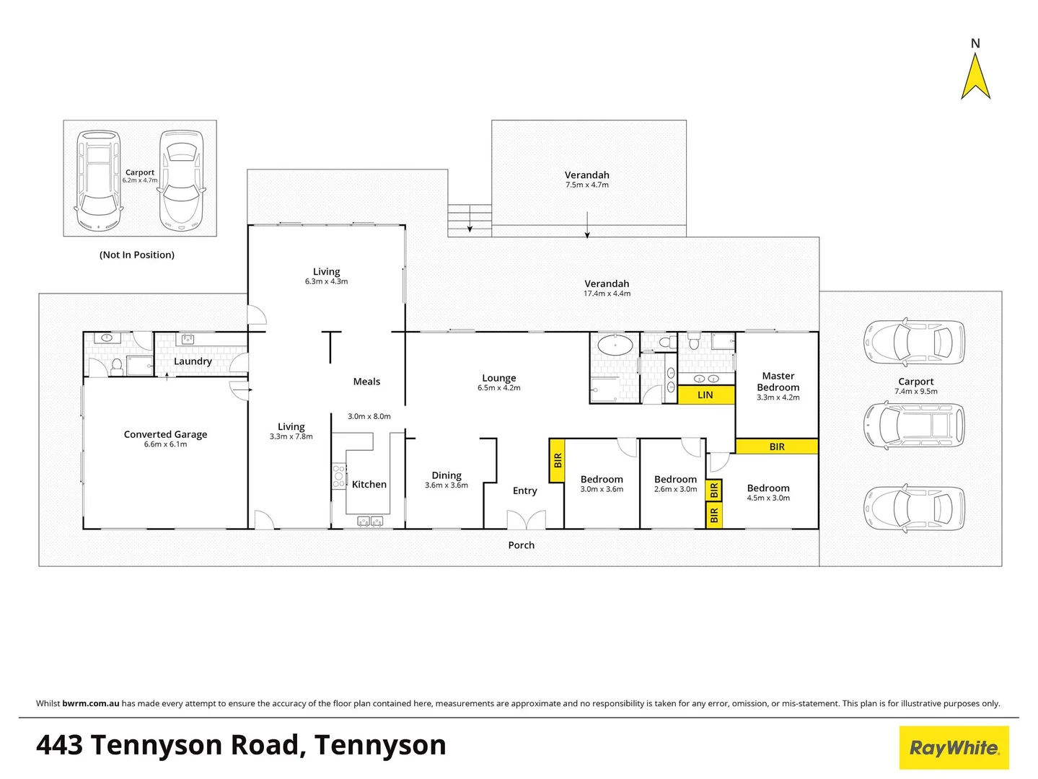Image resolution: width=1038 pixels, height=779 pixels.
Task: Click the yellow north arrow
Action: (975, 77)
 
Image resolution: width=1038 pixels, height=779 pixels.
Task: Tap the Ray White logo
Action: (954, 748)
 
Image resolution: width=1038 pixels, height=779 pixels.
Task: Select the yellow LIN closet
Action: (705, 395)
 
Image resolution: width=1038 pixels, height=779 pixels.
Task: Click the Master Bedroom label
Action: (778, 382)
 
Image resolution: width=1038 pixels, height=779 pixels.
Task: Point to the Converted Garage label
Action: (165, 434)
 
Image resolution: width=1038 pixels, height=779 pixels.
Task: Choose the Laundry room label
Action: (193, 361)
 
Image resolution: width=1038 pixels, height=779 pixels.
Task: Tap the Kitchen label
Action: (369, 485)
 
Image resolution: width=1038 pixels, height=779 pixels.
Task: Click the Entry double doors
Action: (526, 519)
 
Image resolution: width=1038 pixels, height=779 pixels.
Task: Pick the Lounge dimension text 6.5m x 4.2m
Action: (498, 388)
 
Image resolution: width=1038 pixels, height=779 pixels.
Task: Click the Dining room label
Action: (447, 475)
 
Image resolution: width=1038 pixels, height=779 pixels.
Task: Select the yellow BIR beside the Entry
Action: (557, 460)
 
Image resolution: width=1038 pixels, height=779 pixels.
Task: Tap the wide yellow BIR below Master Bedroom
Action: (777, 446)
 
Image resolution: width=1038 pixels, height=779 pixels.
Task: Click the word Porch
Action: (521, 545)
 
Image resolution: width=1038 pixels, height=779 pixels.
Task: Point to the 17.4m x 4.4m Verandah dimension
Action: (607, 294)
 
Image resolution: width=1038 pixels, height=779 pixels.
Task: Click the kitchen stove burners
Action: (338, 476)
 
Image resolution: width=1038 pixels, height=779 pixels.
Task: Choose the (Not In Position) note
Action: (137, 255)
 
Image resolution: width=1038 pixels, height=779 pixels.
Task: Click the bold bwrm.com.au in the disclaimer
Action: (91, 703)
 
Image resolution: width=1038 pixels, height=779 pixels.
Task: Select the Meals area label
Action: (366, 382)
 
